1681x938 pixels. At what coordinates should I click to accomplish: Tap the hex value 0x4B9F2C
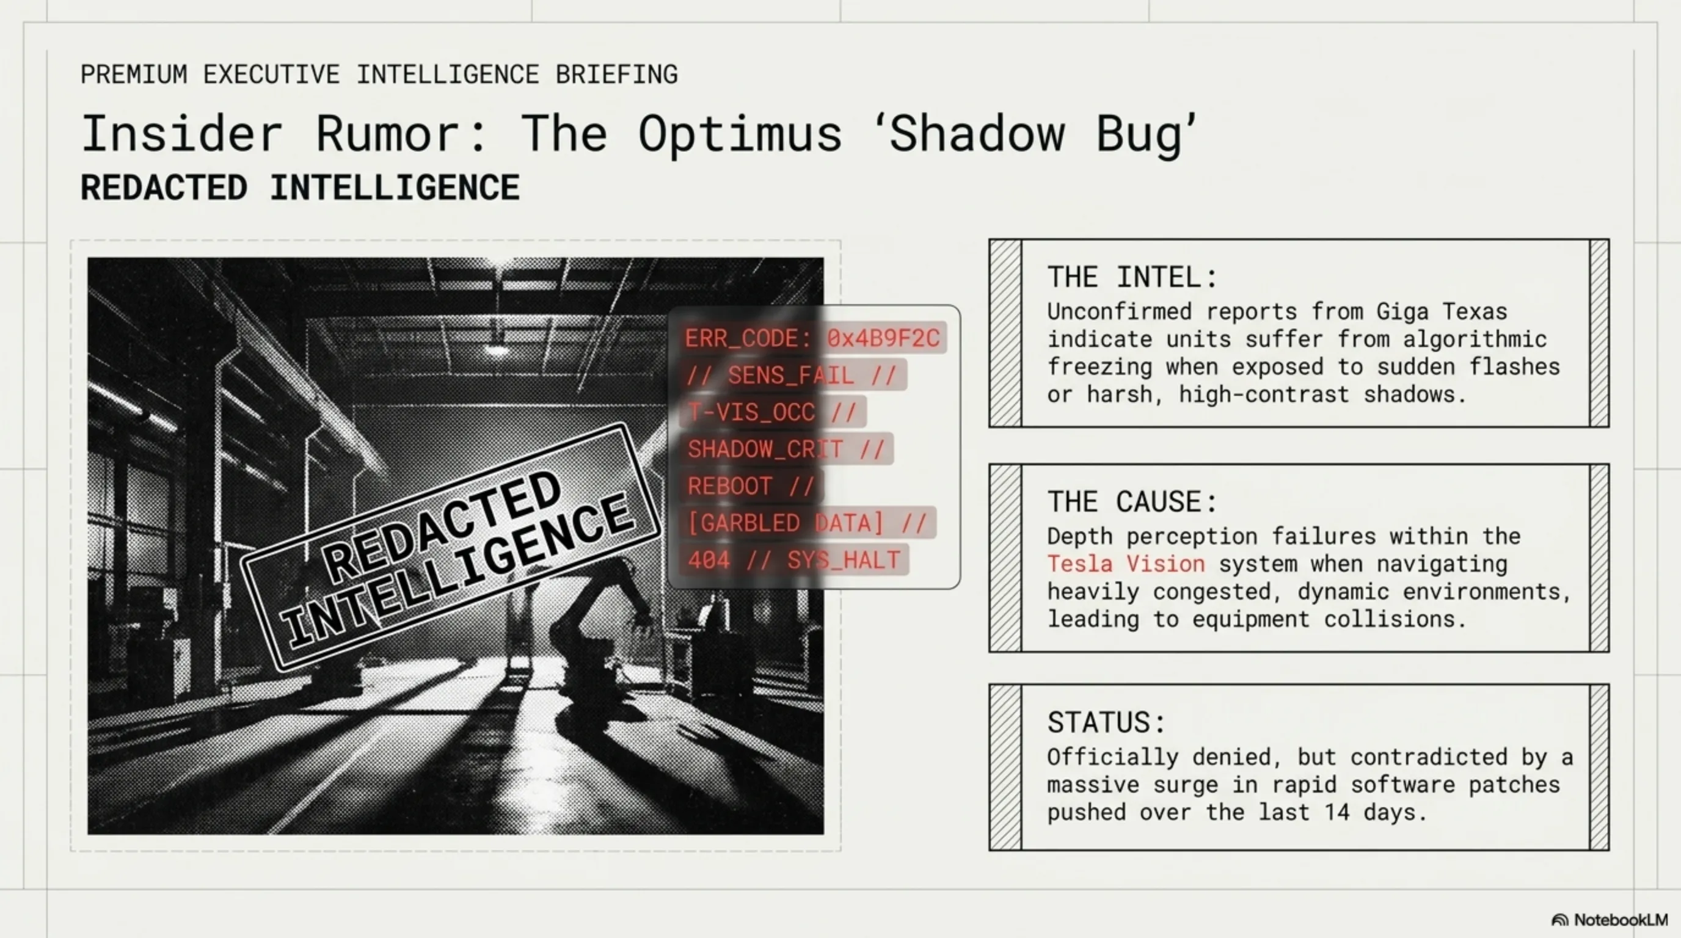883,338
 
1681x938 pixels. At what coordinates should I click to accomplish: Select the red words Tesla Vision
1126,564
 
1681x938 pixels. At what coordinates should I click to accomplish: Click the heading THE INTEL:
1132,277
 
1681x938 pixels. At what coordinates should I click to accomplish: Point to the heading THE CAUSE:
1132,501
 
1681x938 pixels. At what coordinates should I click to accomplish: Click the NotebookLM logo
1609,920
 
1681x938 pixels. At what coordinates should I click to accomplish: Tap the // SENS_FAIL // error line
791,375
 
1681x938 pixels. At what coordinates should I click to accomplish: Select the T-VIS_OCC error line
772,412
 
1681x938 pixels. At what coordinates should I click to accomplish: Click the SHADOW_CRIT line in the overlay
786,449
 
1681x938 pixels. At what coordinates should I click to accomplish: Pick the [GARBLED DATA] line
808,523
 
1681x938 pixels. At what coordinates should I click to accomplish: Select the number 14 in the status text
1337,813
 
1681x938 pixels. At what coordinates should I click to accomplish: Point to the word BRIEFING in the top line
617,75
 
